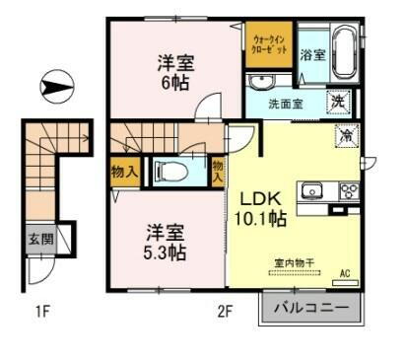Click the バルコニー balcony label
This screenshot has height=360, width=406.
tap(309, 309)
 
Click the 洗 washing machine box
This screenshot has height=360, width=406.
tap(337, 101)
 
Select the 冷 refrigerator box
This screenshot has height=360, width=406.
tap(347, 137)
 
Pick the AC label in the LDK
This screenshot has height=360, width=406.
tap(345, 273)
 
